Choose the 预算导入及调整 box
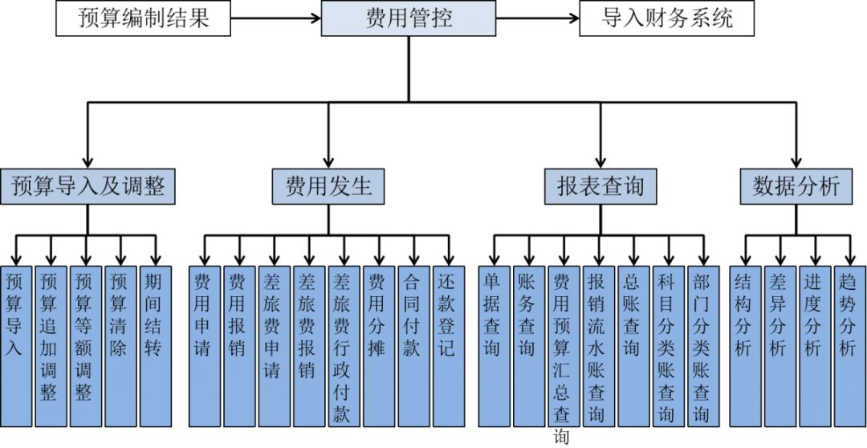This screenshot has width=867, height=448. (88, 186)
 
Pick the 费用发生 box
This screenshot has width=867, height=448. (328, 186)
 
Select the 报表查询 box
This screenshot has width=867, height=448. (600, 186)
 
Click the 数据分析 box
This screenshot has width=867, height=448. (796, 186)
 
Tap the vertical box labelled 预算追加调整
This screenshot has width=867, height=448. (50, 345)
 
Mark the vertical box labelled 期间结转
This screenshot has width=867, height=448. (155, 345)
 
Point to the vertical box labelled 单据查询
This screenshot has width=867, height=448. (493, 345)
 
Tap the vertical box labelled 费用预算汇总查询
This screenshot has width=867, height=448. (563, 345)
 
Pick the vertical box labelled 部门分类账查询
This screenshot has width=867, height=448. (702, 345)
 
